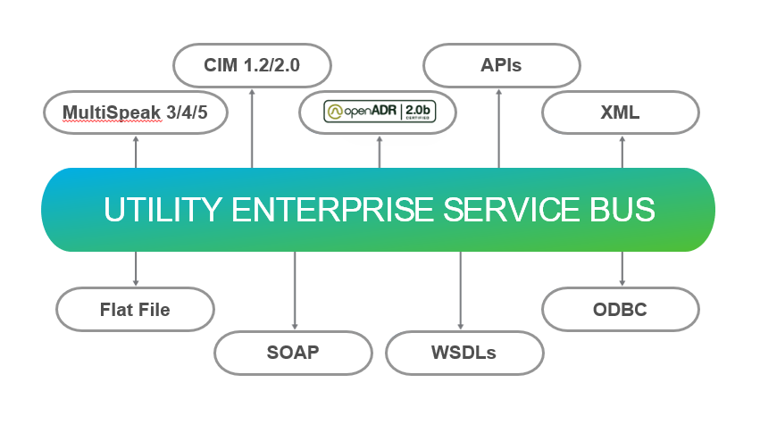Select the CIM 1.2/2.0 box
coord(252,65)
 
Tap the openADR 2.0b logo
coord(379,112)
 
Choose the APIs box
coord(500,65)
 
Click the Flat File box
coord(135,310)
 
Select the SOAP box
coord(293,352)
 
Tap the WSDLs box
coord(464,352)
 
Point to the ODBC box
coord(621,310)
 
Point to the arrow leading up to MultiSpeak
coord(136,151)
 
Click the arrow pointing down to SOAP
coord(294,290)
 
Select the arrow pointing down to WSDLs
coord(461,290)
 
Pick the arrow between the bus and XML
coord(622,151)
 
